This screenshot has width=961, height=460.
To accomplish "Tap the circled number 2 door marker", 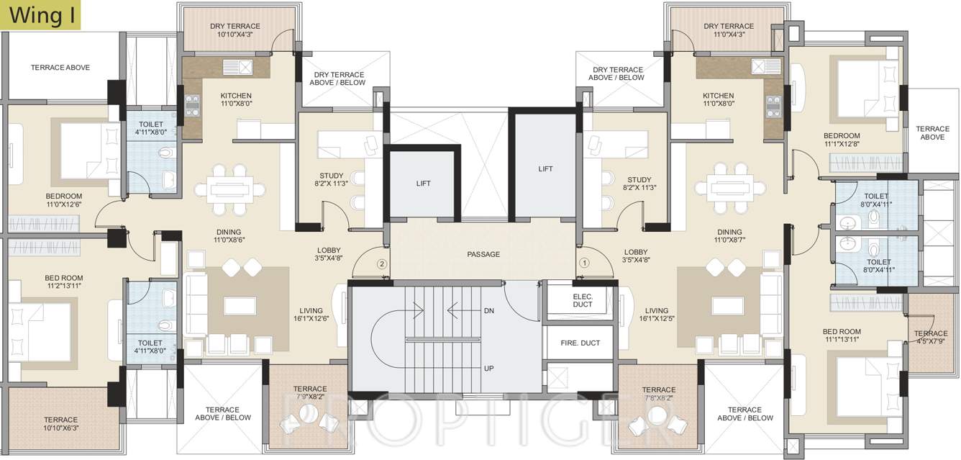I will coord(382,263).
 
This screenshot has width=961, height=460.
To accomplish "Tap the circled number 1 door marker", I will coord(584,263).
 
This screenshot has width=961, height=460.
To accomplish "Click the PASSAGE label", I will coord(483,254).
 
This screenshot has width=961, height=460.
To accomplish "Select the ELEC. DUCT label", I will coord(583,300).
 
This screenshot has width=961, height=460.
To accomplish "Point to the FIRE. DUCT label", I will coord(580,343).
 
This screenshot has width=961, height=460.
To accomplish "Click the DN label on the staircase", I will coord(489,311).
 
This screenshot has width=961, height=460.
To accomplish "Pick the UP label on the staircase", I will coord(489,368).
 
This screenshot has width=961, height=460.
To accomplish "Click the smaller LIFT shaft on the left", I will coord(423,184).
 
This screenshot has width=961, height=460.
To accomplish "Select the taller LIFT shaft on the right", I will coord(545,168).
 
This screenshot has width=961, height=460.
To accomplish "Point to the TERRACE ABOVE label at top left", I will coord(60,68).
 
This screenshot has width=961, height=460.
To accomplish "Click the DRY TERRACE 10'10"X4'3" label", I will coord(235,30).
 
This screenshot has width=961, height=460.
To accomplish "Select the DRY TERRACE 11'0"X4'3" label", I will coord(729,30).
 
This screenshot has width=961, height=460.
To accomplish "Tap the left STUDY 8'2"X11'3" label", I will coord(332,181).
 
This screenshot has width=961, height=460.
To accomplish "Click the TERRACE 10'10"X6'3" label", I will coord(60,424).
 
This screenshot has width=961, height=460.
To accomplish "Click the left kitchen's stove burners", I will coord(192,106).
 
